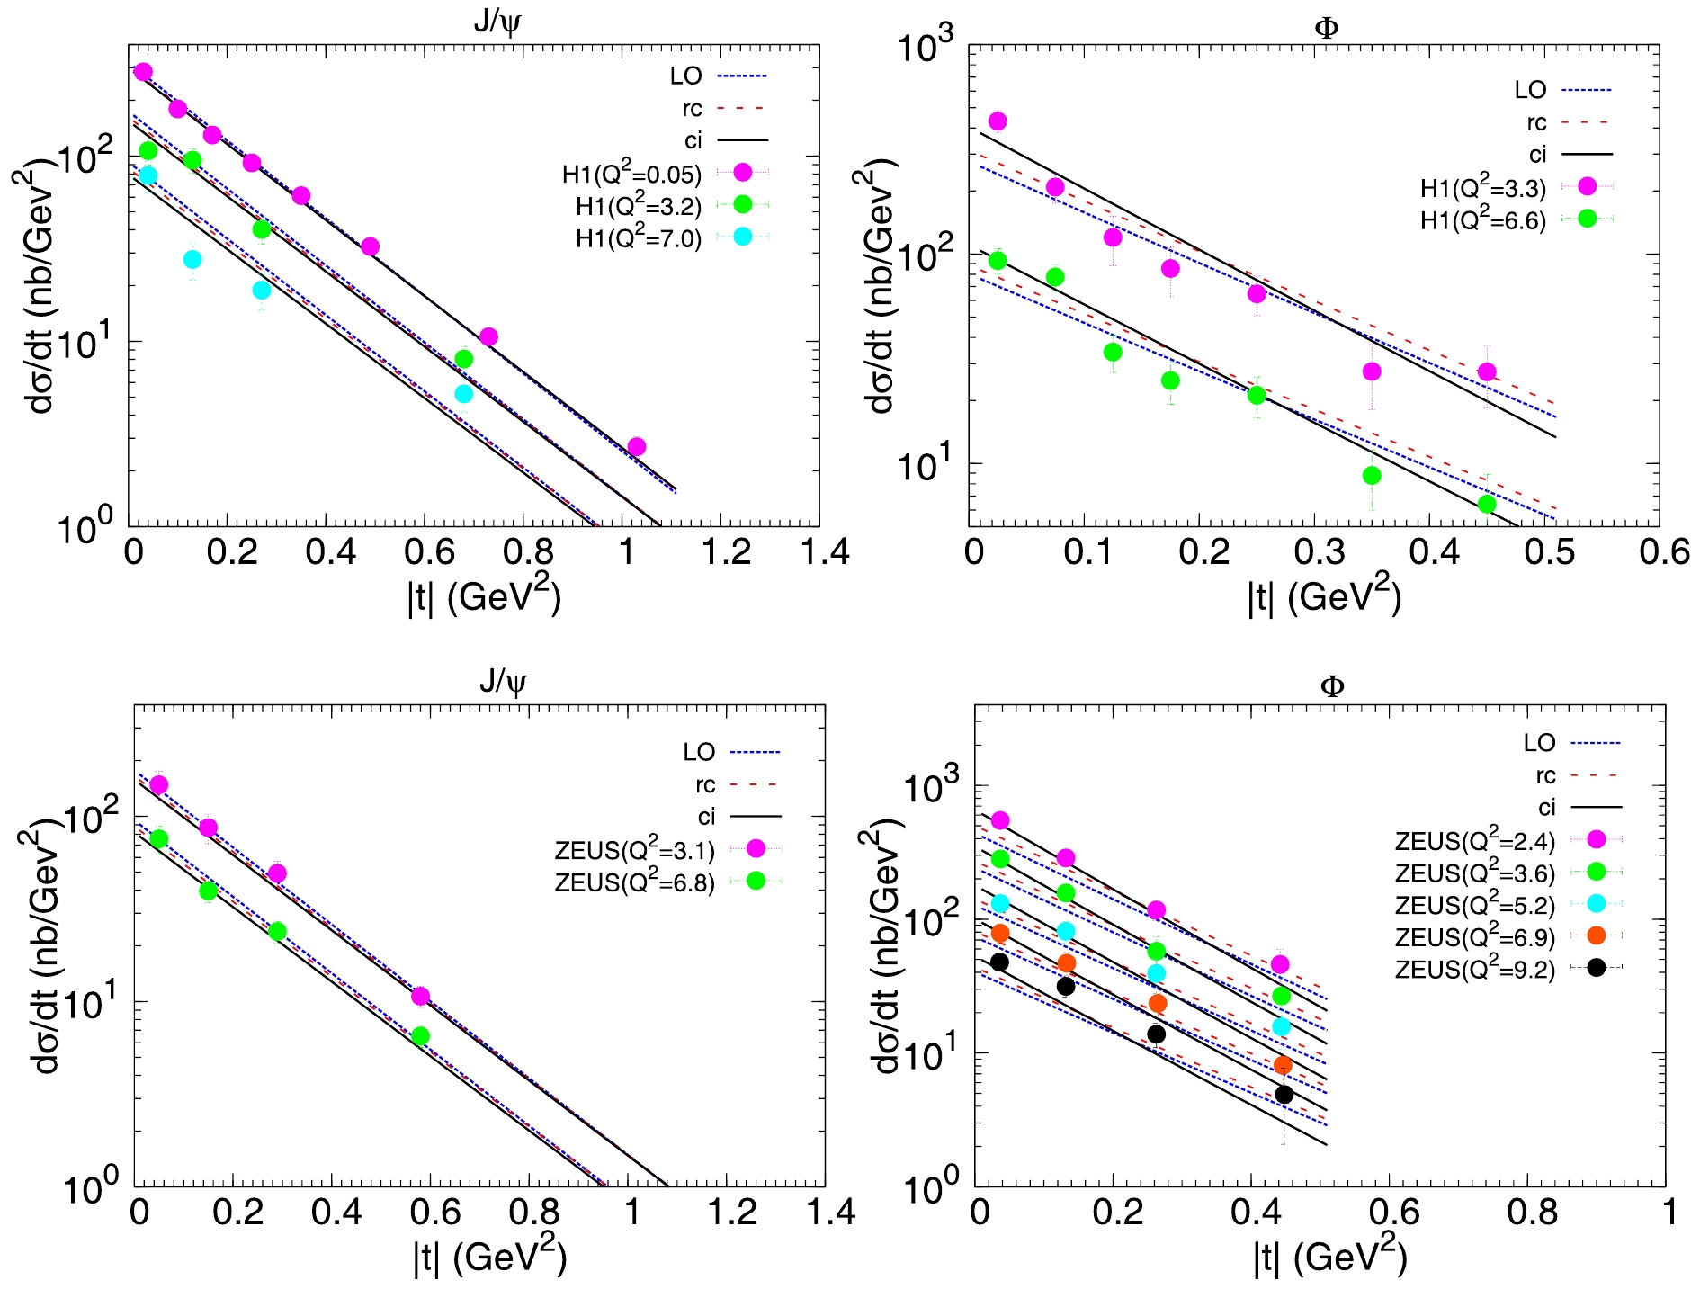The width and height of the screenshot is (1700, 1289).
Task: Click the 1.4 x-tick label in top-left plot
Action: click(824, 551)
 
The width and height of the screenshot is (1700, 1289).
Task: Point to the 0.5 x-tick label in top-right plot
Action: click(1549, 551)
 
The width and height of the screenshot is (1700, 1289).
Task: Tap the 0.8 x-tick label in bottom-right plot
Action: click(1532, 1212)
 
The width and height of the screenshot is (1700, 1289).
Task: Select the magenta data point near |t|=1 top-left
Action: click(636, 447)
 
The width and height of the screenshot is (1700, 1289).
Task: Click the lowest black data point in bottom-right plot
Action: click(1284, 1095)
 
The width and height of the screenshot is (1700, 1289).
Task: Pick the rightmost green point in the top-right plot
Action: click(1487, 504)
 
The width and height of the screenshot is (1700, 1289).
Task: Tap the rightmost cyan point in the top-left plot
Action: click(463, 394)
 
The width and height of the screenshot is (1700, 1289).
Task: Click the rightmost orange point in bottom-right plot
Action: click(1283, 1066)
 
